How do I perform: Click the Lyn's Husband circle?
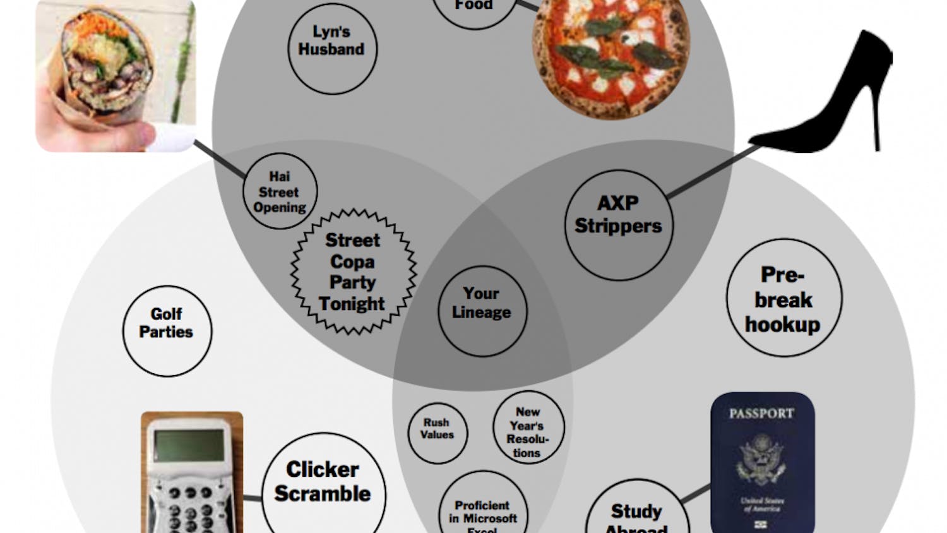coord(332,49)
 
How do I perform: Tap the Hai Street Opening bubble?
coord(280,191)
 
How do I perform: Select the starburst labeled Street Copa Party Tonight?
coord(353,272)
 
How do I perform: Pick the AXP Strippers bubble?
coord(618,224)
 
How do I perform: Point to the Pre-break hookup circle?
coord(783,297)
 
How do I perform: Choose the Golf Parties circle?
coord(167,331)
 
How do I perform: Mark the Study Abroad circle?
coord(636,515)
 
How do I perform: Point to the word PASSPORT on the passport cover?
coord(761,414)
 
